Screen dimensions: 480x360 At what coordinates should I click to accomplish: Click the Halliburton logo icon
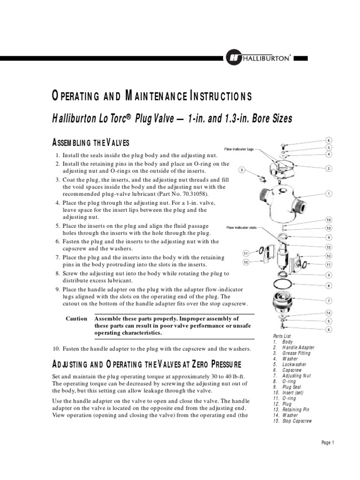click(232, 58)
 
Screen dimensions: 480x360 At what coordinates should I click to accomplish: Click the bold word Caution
click(76, 318)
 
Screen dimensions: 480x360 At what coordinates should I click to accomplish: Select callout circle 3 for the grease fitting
click(242, 170)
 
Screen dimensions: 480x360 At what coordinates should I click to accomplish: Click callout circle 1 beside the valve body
click(329, 193)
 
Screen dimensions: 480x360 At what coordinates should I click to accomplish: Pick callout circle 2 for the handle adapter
click(329, 168)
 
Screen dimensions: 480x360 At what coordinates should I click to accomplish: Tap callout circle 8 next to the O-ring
click(329, 285)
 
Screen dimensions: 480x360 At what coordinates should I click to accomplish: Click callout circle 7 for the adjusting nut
click(329, 300)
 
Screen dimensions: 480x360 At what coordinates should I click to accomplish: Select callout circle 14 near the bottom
click(329, 313)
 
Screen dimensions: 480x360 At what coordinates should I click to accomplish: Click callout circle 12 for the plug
click(329, 247)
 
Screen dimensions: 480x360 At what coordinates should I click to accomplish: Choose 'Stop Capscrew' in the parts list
click(297, 421)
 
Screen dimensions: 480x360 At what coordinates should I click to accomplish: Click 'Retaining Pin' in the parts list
click(296, 409)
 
